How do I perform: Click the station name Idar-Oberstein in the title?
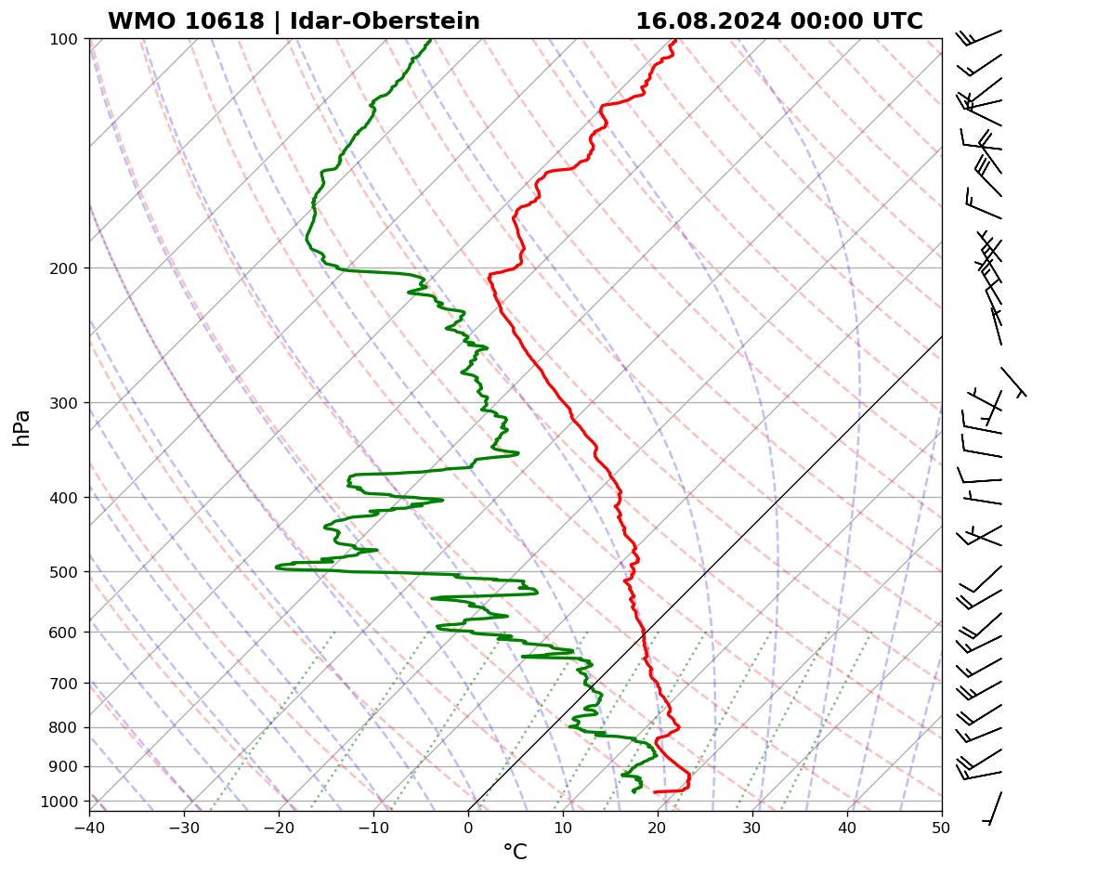pyautogui.click(x=385, y=21)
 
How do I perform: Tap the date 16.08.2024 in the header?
pyautogui.click(x=707, y=21)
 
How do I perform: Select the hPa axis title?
pyautogui.click(x=21, y=427)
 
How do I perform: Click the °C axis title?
pyautogui.click(x=515, y=852)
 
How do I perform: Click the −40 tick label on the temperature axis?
pyautogui.click(x=89, y=824)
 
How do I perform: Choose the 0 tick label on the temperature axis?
pyautogui.click(x=468, y=824)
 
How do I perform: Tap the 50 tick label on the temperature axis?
pyautogui.click(x=942, y=824)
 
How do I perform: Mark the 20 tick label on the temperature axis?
pyautogui.click(x=658, y=824)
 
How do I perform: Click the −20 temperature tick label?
pyautogui.click(x=279, y=824)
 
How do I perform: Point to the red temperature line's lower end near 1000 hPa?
pyautogui.click(x=655, y=791)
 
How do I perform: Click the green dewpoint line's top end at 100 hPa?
pyautogui.click(x=430, y=40)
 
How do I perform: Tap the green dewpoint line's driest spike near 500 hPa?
pyautogui.click(x=277, y=567)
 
